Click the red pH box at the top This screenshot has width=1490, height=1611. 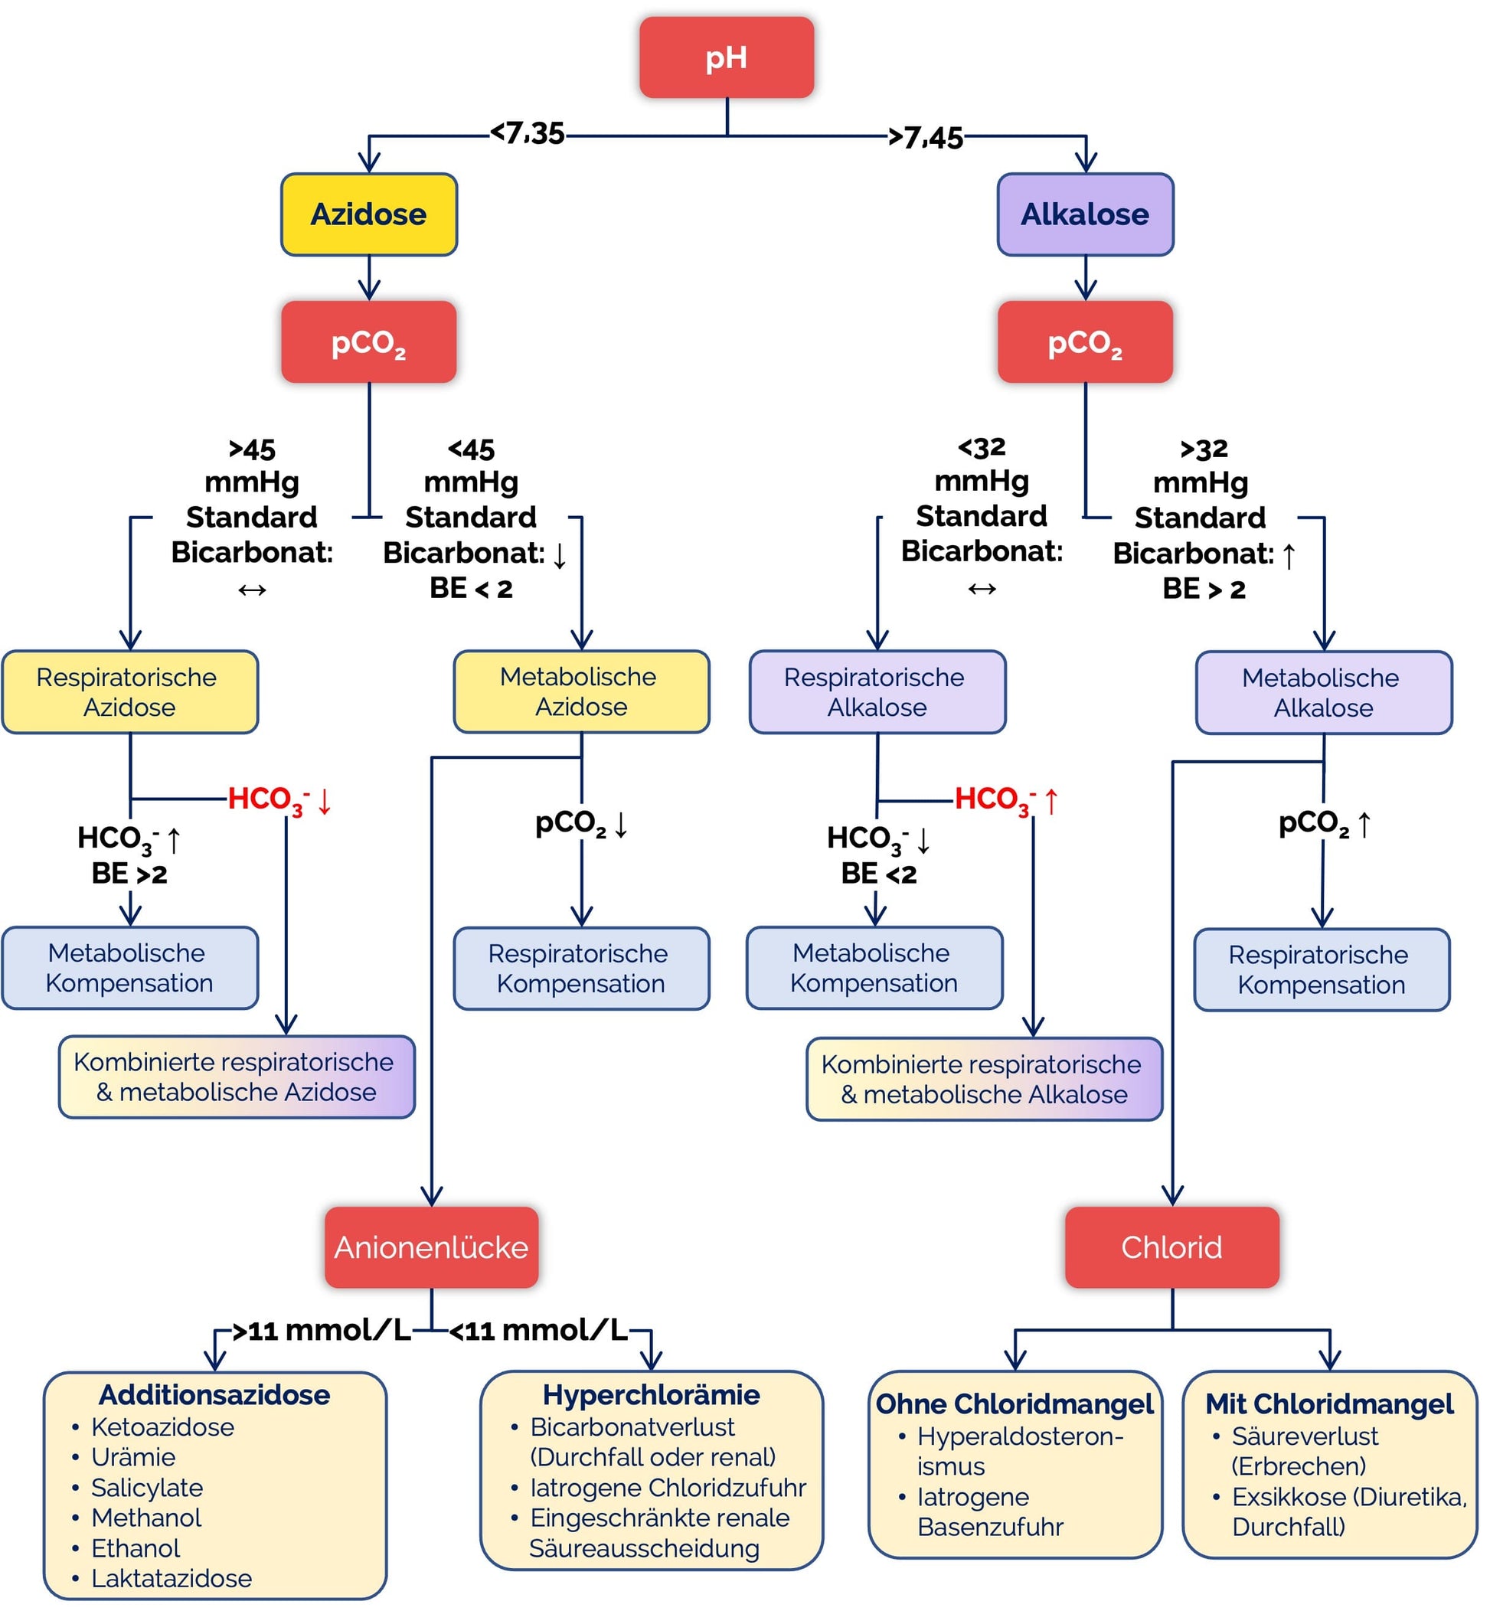click(726, 57)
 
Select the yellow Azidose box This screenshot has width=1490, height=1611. click(368, 214)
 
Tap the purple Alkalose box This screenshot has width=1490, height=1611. click(1084, 214)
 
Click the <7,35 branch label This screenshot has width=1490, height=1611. click(528, 133)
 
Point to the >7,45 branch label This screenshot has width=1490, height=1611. click(926, 137)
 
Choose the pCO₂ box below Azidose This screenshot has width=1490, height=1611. click(368, 341)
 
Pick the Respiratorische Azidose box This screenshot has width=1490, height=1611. click(130, 692)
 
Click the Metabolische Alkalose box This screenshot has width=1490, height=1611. click(1323, 693)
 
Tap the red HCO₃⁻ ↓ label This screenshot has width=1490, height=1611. click(279, 800)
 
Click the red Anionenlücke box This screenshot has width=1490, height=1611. click(431, 1247)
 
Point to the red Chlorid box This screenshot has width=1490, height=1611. click(1171, 1247)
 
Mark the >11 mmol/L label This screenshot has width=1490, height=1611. click(321, 1331)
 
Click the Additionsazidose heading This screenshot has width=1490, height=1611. click(214, 1395)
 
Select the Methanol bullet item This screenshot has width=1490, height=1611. click(146, 1518)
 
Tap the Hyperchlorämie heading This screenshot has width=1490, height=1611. click(651, 1395)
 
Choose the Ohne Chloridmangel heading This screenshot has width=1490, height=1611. click(1015, 1403)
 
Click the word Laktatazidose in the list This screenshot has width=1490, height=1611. click(171, 1578)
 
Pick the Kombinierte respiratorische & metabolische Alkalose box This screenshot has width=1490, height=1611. click(984, 1079)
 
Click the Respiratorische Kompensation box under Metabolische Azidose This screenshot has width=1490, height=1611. click(581, 969)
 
